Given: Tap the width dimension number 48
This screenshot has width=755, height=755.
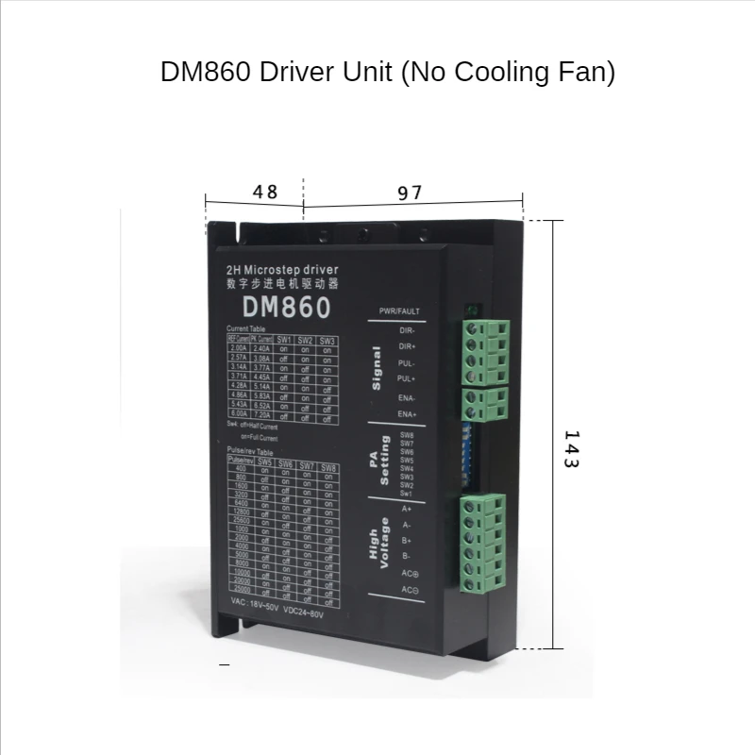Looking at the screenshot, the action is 265,192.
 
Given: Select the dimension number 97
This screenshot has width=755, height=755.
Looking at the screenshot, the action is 409,193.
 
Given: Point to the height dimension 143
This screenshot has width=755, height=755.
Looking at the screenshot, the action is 570,450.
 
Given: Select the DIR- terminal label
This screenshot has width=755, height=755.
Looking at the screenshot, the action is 407,331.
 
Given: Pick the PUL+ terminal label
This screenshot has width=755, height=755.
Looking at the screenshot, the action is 407,378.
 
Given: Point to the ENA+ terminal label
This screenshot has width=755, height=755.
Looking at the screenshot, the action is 407,413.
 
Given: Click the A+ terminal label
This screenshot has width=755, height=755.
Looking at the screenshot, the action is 407,509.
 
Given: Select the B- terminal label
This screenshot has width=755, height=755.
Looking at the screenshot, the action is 407,557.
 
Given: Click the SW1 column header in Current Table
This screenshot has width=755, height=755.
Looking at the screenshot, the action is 284,340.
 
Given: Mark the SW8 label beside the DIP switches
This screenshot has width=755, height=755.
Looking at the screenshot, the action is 407,436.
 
